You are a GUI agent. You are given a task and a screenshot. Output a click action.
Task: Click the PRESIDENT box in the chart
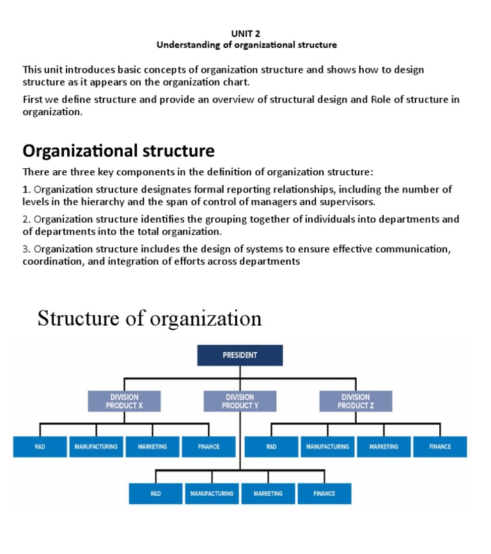240,355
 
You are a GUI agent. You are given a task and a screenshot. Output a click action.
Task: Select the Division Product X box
124,401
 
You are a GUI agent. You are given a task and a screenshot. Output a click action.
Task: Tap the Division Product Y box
240,401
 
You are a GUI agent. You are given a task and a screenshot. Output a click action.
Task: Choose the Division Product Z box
355,401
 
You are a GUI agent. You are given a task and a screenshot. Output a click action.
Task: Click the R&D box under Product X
40,447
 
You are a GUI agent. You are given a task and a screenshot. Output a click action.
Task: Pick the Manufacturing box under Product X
96,447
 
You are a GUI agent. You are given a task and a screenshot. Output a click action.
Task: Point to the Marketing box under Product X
152,447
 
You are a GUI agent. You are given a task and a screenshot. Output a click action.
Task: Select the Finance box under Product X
208,447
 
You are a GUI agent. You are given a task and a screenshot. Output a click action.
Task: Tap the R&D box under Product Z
271,447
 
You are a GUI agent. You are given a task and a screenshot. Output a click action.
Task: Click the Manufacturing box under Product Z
327,447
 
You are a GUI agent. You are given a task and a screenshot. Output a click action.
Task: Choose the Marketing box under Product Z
384,447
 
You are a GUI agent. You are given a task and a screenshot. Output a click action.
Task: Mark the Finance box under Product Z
440,447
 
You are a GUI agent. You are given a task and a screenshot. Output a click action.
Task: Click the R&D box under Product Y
155,493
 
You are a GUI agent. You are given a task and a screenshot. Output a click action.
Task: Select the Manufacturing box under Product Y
212,493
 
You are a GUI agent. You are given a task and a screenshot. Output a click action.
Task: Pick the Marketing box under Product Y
268,493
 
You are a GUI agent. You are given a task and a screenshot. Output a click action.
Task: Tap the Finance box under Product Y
324,493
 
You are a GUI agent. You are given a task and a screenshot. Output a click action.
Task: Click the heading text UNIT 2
246,33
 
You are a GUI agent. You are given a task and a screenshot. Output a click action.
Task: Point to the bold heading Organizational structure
118,151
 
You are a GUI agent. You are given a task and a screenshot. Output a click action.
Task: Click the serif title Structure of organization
150,318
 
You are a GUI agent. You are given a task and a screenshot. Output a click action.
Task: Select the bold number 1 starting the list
26,189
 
